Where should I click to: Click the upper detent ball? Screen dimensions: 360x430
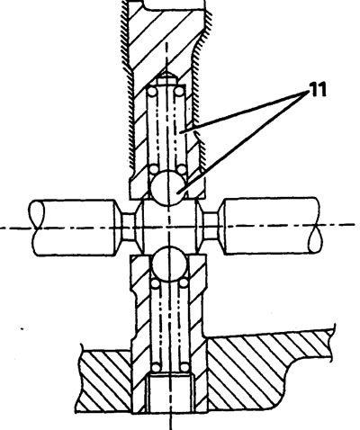point(167,187)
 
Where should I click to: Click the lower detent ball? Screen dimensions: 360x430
point(170,264)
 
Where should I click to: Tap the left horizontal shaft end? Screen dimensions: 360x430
point(72,228)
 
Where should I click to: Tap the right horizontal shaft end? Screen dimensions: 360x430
point(271,226)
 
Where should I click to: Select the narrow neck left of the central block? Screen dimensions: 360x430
point(129,227)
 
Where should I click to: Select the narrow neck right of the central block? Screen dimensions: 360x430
point(211,226)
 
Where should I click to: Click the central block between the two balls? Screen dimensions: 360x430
point(169,227)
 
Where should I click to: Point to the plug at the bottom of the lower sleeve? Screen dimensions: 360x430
point(170,393)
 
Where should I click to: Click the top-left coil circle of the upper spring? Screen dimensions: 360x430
point(152,91)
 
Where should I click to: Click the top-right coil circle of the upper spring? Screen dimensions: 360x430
point(179,91)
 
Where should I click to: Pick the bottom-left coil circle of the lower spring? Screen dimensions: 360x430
point(156,367)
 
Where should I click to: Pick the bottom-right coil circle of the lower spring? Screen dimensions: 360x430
point(184,367)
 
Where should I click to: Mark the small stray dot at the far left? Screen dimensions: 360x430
point(22,329)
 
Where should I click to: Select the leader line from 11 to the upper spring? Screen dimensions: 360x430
point(245,112)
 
